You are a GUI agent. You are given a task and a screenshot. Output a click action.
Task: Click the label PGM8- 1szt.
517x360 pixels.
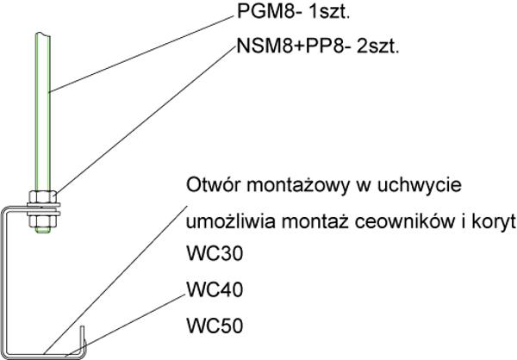pos(293,12)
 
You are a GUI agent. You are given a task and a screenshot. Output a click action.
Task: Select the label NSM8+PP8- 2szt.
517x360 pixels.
pos(318,47)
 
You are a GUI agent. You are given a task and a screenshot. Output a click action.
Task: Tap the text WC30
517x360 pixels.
pos(215,253)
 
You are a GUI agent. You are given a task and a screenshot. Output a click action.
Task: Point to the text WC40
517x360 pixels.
pos(215,289)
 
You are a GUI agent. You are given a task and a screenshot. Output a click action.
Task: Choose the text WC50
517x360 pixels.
pos(215,326)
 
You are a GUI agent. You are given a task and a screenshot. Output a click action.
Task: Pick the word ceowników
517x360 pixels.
pos(407,222)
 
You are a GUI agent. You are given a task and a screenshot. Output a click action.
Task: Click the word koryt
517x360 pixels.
pos(494,222)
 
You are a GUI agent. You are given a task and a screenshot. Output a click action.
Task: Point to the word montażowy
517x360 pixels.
pos(298,185)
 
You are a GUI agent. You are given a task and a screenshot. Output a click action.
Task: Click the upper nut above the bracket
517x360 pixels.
pos(42,197)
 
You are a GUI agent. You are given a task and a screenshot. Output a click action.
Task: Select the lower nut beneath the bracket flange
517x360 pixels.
pos(42,221)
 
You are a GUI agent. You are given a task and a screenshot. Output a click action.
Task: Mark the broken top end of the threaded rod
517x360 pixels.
pos(43,34)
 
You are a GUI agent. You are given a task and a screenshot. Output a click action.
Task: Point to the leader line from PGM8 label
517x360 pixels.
pos(141,54)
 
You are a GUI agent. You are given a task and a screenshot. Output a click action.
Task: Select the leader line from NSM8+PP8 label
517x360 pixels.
pos(146,120)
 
